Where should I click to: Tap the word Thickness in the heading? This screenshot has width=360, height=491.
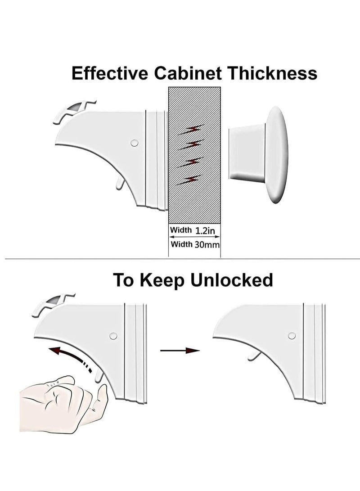tap(272, 73)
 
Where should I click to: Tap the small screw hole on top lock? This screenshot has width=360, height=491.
tap(133, 143)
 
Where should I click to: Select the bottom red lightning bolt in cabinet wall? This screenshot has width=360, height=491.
tap(189, 179)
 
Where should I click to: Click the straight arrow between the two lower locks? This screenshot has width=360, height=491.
tap(180, 350)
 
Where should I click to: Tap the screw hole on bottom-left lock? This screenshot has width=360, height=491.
tap(113, 336)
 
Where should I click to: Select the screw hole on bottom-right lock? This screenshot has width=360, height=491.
tap(292, 335)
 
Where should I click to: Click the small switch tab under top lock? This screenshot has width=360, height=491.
tap(119, 183)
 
